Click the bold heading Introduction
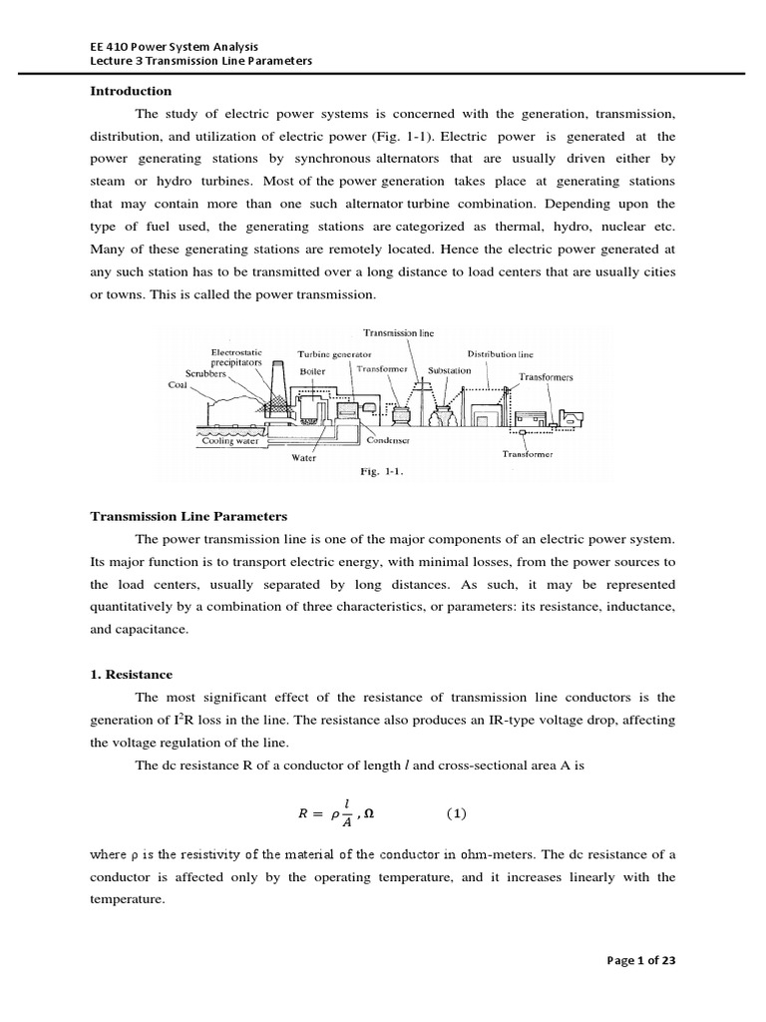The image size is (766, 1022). coord(132,91)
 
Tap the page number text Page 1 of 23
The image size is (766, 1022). coord(641,960)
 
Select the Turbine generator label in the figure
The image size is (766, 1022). coord(334,354)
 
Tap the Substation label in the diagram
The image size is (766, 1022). coord(449,369)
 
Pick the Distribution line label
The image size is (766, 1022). coord(500,353)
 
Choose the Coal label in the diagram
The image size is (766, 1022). coord(178,383)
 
